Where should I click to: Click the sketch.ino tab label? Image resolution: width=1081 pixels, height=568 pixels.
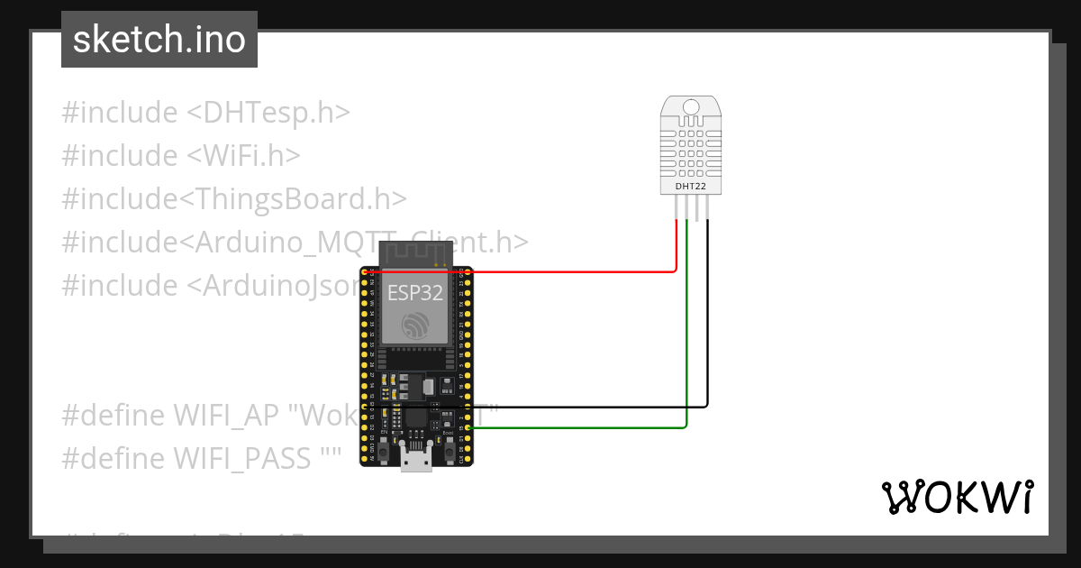(159, 40)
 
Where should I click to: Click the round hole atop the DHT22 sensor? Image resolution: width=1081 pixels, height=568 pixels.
(690, 108)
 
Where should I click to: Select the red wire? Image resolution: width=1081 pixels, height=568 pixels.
(559, 270)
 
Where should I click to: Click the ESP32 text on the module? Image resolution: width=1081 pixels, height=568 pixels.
(415, 292)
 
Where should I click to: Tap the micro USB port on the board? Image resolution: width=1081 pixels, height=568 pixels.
(415, 461)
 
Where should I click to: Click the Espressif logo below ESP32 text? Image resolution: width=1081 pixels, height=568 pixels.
(415, 325)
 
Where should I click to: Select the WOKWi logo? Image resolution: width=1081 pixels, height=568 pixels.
(957, 497)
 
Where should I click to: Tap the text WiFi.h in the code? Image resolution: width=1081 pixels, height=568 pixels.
(244, 156)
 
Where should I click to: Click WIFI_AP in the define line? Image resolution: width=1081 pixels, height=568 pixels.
(227, 416)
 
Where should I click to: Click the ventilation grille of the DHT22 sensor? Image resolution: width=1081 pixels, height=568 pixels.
(690, 150)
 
